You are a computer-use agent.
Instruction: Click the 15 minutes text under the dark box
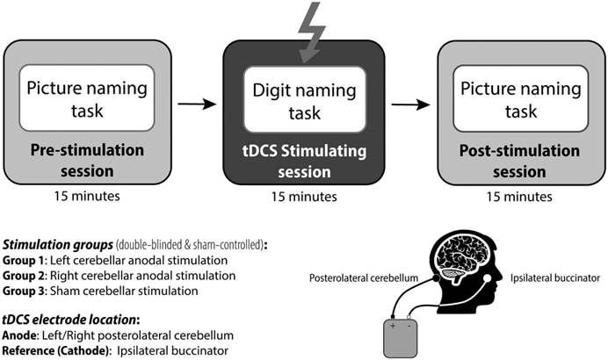[x=304, y=198]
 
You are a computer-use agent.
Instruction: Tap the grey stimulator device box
[x=403, y=339]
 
